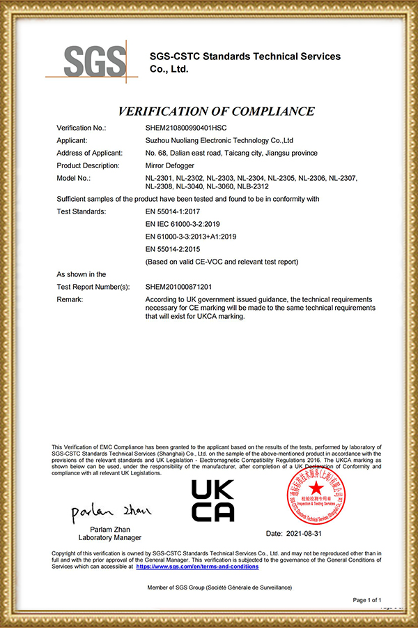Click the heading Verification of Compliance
click(216, 111)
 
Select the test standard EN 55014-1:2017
click(173, 211)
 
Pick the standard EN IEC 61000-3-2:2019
click(183, 224)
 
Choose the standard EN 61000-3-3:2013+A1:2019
click(191, 237)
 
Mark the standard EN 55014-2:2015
click(173, 249)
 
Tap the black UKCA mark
click(212, 500)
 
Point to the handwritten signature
click(111, 512)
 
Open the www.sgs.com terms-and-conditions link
click(197, 567)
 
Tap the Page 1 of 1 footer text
click(368, 600)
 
